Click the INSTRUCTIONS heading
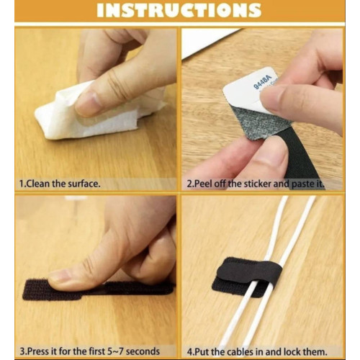[179, 10]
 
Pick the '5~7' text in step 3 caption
[114, 351]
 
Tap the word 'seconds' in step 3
[143, 351]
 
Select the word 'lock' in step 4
[293, 352]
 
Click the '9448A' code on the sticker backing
[262, 82]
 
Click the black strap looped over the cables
[250, 270]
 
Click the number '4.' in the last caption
[190, 352]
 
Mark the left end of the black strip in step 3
[24, 290]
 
